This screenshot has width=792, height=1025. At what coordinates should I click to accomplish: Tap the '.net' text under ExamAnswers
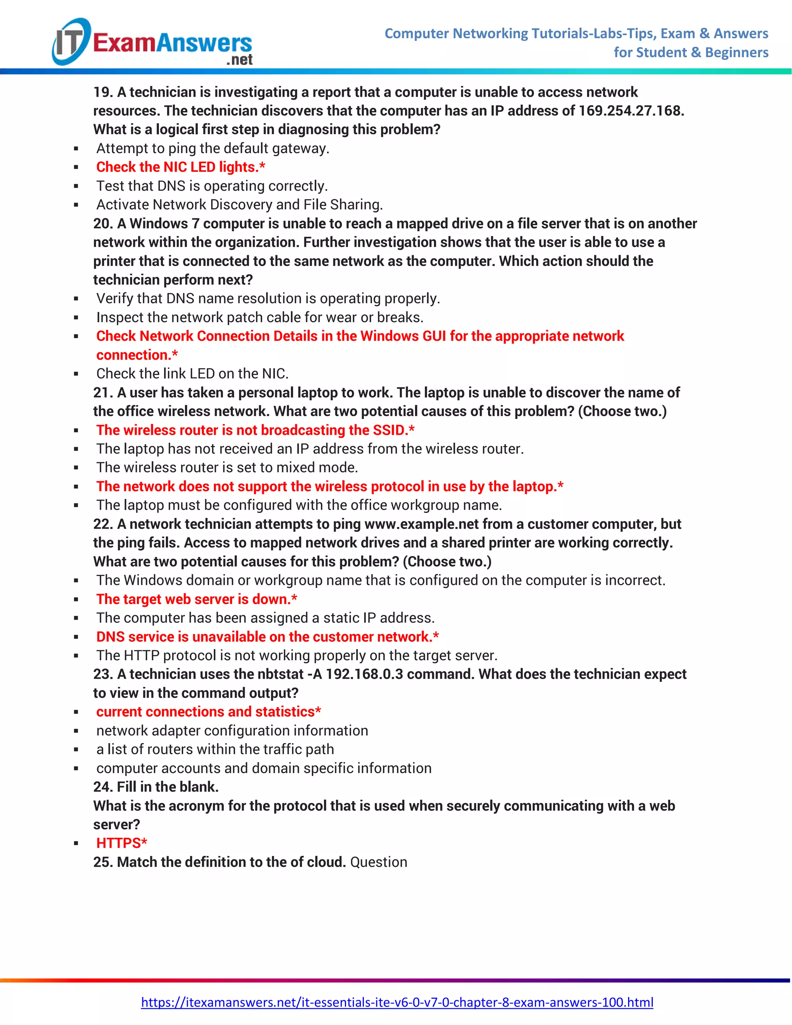[239, 60]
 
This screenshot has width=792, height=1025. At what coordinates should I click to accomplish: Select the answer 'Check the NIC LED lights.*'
[181, 167]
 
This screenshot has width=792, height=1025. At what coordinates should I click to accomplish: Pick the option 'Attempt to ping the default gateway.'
[213, 148]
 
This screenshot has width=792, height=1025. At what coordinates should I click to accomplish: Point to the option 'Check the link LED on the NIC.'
[192, 374]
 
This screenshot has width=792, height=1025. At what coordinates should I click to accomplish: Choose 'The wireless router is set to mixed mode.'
[227, 468]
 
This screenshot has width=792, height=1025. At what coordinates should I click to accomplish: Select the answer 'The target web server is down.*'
[196, 599]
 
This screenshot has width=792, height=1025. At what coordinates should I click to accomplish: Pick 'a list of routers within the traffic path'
[215, 749]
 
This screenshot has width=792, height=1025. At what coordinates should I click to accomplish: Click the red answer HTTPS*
[121, 843]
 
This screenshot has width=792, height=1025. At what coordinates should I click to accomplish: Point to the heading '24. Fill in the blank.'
[156, 787]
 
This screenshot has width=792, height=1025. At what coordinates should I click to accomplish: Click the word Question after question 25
[379, 862]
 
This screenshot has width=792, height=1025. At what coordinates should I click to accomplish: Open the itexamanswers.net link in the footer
[397, 1002]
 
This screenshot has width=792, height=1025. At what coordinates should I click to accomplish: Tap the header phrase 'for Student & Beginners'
[691, 52]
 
